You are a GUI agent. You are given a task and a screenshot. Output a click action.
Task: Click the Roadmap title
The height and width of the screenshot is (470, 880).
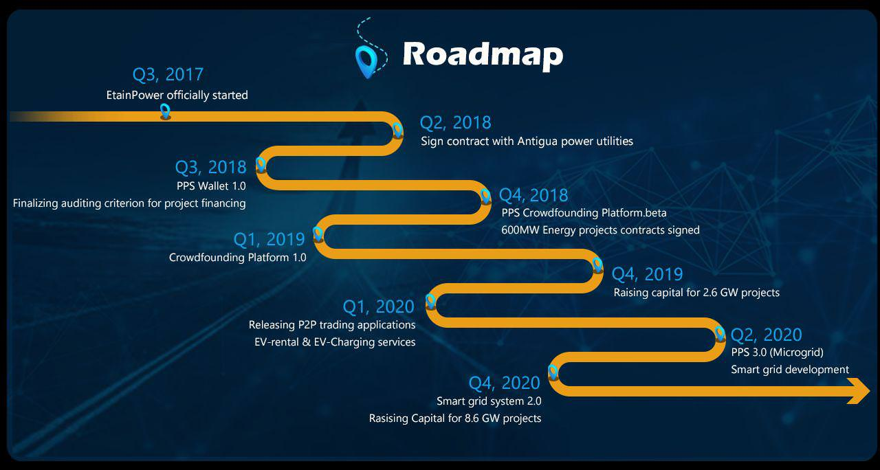point(483,55)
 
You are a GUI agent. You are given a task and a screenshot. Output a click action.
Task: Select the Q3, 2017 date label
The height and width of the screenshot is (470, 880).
point(168,75)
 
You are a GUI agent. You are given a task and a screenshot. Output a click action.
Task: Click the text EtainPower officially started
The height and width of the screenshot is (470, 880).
point(177,95)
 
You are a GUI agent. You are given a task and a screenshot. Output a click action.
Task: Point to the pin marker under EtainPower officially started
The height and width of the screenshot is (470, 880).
point(166,111)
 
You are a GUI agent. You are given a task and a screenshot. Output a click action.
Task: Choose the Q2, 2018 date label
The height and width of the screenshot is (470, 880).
point(455,123)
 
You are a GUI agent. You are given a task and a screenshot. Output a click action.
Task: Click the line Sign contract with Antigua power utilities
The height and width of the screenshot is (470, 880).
point(527,142)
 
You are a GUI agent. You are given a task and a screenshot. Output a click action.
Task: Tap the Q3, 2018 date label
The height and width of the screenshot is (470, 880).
point(210,167)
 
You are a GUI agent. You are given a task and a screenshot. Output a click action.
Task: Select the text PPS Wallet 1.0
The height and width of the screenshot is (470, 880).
point(211,186)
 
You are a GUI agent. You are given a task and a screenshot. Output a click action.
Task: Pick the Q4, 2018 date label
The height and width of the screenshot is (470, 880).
point(533,195)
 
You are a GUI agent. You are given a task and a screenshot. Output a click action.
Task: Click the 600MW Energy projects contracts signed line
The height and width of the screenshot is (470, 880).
point(600,230)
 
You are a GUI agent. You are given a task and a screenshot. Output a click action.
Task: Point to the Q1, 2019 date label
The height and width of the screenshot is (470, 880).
point(269,240)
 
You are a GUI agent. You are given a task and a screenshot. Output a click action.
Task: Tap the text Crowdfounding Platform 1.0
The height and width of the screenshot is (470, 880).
point(238,258)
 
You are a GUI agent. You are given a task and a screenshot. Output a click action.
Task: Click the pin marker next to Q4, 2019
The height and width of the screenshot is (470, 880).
point(597,265)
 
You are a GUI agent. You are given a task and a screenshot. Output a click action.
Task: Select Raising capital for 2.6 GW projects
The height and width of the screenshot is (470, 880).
point(696,293)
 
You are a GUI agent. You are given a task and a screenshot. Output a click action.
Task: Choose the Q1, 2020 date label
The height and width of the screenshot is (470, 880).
point(379,306)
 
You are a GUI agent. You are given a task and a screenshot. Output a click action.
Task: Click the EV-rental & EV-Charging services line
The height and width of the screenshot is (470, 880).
point(335,342)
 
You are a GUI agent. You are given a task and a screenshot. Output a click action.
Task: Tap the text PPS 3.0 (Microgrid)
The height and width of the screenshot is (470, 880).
point(777,352)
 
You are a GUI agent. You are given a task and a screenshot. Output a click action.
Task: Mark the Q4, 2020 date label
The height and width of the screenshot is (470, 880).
point(505,383)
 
